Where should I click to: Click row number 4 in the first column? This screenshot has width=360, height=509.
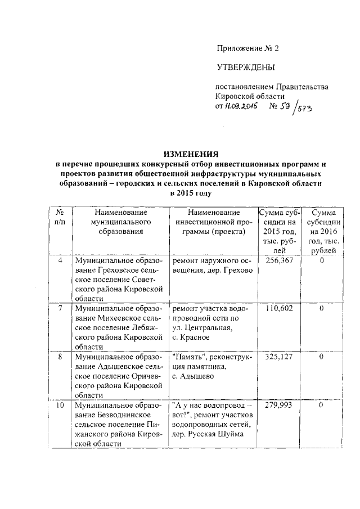point(60,261)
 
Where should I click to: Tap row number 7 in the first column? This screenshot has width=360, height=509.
point(60,309)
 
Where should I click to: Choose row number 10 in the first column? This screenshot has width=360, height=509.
point(60,404)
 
